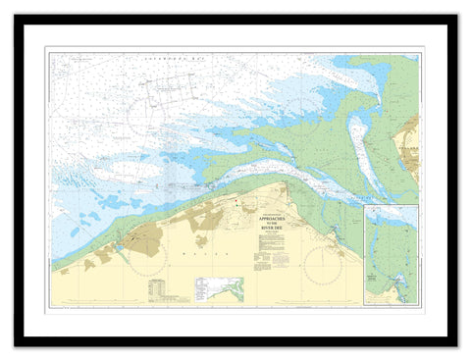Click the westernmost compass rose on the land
144,240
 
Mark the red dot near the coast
236,202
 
